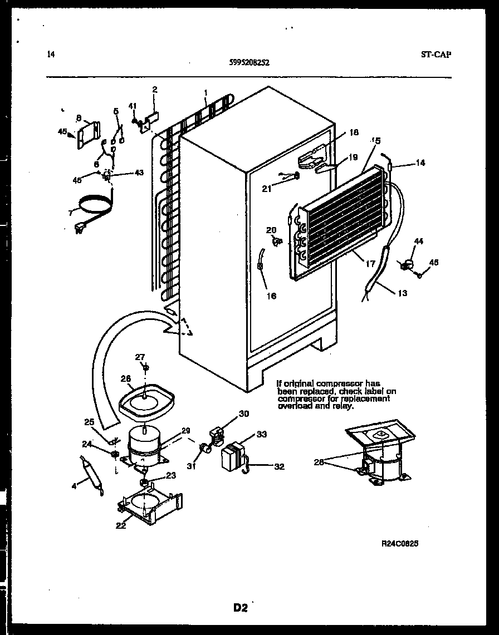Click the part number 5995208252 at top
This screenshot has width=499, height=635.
(x=249, y=63)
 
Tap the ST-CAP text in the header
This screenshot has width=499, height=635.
(x=436, y=55)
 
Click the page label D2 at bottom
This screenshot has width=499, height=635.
(x=240, y=608)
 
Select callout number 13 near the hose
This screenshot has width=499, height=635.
(x=403, y=293)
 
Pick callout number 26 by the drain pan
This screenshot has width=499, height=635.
(x=126, y=379)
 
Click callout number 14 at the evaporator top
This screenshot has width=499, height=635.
(x=420, y=164)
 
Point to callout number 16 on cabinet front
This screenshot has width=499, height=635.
(x=271, y=296)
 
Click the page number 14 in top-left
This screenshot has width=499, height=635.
(x=51, y=55)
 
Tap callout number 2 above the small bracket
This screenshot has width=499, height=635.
(x=154, y=89)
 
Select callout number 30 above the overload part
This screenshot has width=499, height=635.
(x=244, y=414)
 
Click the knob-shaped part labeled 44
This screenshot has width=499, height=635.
(x=407, y=265)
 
